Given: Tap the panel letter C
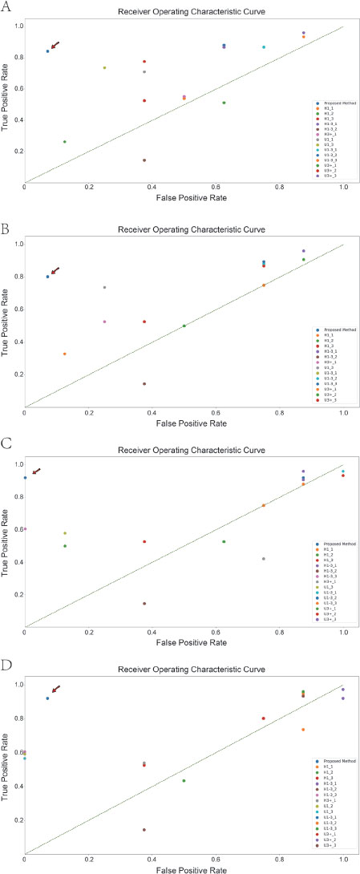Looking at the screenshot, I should point(6,442).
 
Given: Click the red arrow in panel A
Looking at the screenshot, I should point(55,46).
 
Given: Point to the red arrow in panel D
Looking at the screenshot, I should point(55,690).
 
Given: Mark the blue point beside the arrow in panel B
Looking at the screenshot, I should point(47,277).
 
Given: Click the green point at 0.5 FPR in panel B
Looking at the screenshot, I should point(184,326).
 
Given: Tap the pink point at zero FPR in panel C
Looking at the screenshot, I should point(26,529).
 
